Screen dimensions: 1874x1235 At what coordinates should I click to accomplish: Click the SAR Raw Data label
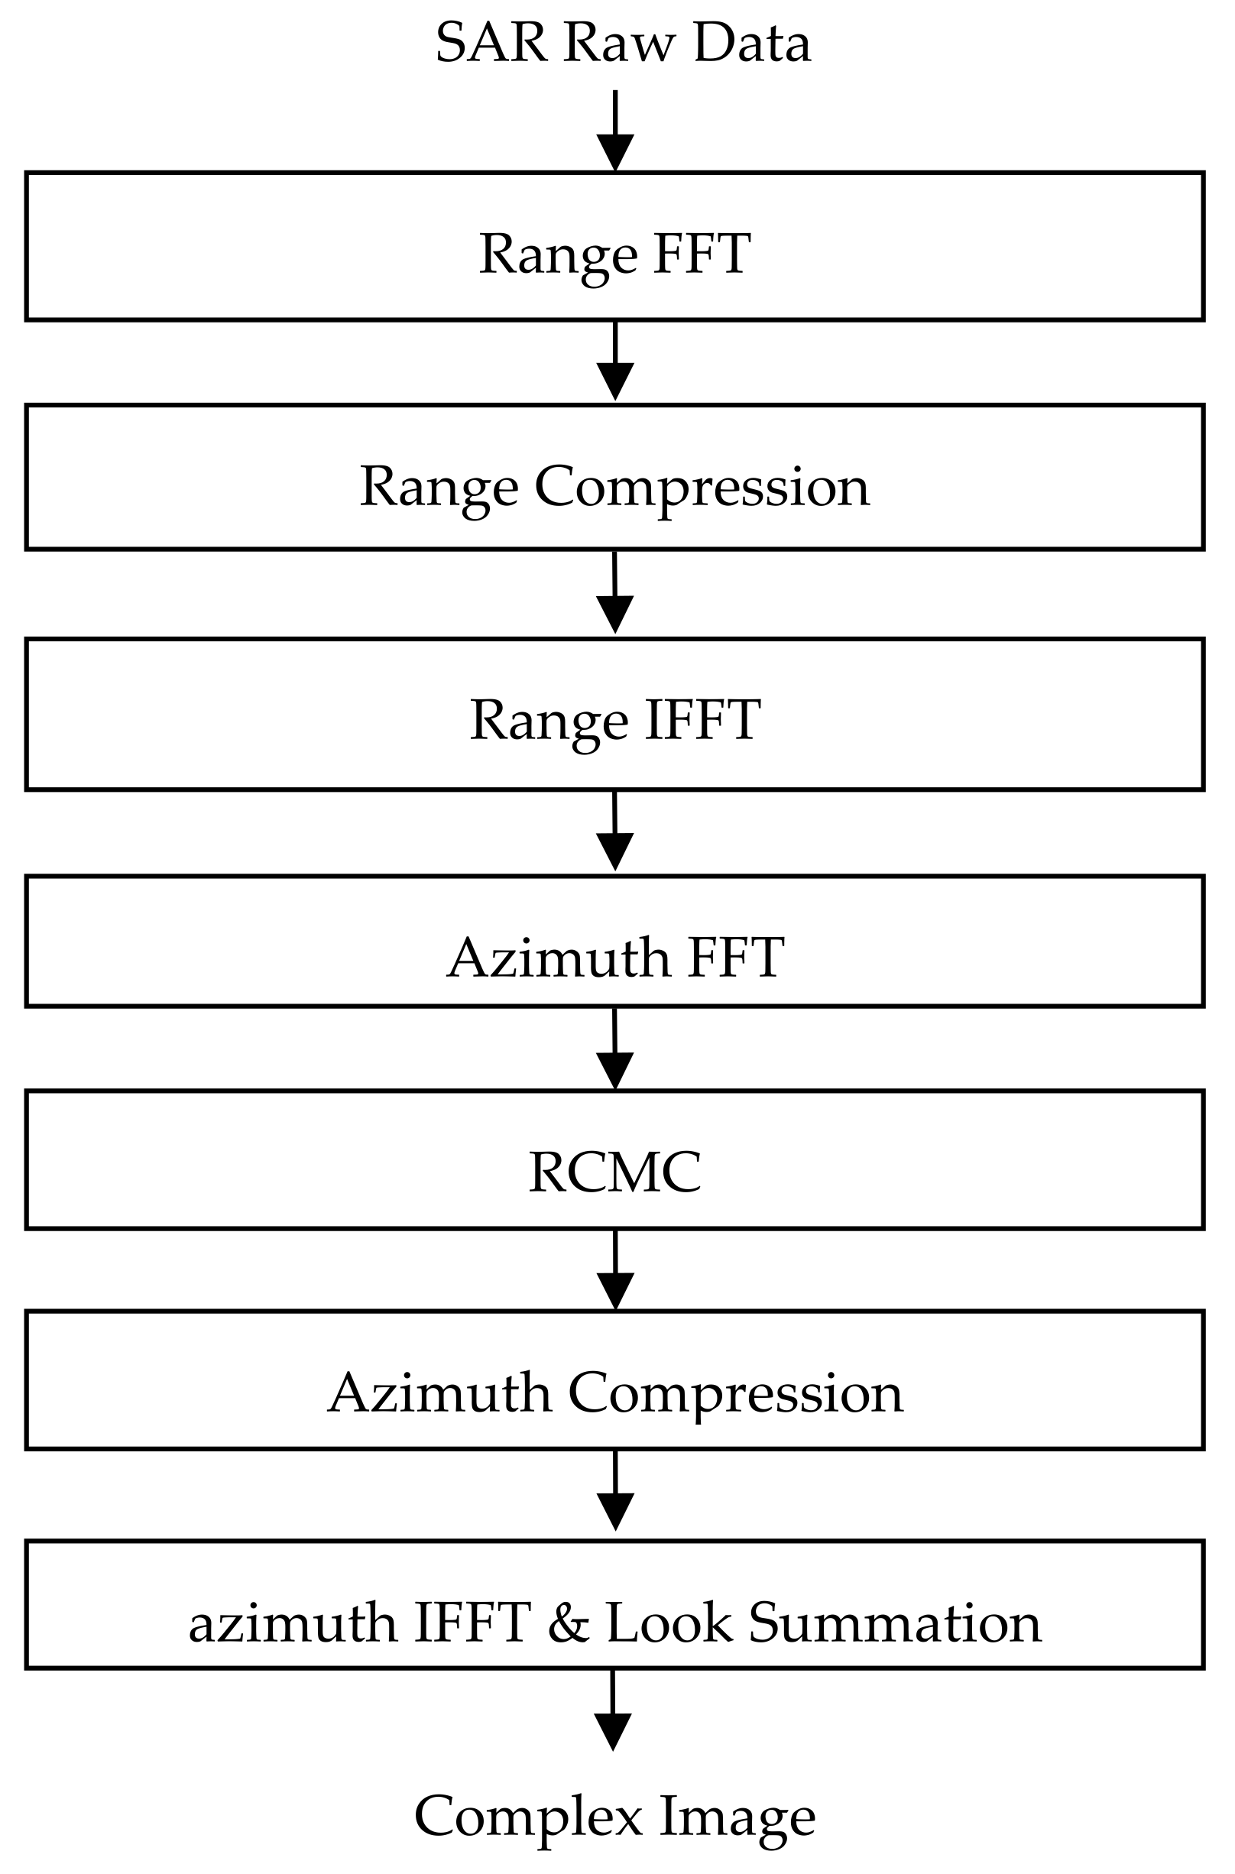[x=622, y=44]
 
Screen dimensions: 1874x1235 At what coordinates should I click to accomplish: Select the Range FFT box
[x=614, y=246]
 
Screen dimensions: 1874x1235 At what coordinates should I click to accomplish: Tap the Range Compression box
[x=614, y=478]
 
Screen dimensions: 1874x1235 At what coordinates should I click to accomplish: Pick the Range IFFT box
[x=614, y=714]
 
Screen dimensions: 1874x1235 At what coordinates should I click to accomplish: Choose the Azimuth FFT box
[x=614, y=942]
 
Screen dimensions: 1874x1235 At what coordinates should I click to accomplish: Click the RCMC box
[x=614, y=1159]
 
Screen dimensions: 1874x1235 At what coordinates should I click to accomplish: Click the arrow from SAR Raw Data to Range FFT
[x=615, y=130]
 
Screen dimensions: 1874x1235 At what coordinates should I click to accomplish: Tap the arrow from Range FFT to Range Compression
[x=615, y=361]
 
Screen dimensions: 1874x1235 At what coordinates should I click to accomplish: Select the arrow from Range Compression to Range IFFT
[x=615, y=593]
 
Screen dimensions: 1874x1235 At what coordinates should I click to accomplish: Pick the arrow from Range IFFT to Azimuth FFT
[x=615, y=831]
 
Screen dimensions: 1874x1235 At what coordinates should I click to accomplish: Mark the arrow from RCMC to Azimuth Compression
[x=615, y=1269]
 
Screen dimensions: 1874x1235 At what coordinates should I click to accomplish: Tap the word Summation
[x=895, y=1623]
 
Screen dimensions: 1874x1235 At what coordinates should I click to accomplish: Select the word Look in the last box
[x=669, y=1623]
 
